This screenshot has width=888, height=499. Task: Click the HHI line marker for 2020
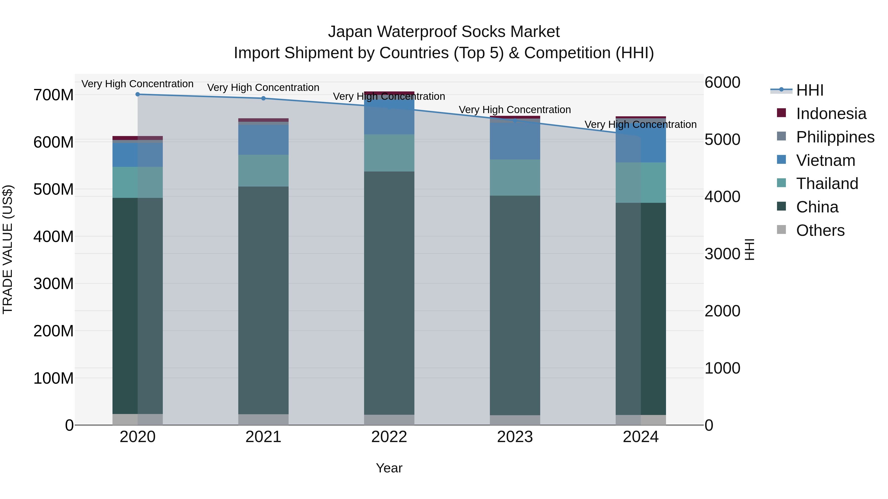[x=138, y=94]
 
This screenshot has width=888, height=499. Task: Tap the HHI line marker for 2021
[x=263, y=98]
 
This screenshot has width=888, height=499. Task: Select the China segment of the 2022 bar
[x=389, y=293]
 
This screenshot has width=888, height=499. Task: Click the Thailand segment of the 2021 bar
[x=263, y=171]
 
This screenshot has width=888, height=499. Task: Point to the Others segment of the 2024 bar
[x=641, y=420]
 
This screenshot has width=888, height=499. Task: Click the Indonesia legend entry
[x=831, y=114]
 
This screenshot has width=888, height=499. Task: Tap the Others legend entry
[x=820, y=230]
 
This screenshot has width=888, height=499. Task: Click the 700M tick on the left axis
[x=54, y=95]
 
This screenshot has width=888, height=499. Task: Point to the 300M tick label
[x=54, y=284]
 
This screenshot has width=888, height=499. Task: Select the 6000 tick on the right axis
[x=722, y=82]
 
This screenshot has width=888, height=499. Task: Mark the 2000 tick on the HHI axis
[x=722, y=311]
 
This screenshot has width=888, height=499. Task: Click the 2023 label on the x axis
[x=515, y=437]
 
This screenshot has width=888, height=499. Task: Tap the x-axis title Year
[x=389, y=468]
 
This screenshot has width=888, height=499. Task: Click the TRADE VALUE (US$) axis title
[x=8, y=249]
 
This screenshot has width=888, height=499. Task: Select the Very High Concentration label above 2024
[x=641, y=124]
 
